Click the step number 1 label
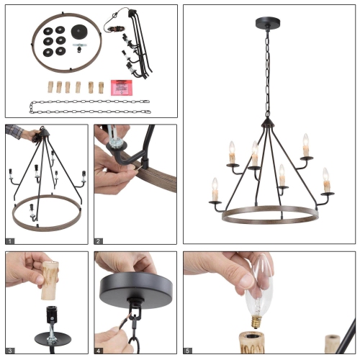[10, 240]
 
